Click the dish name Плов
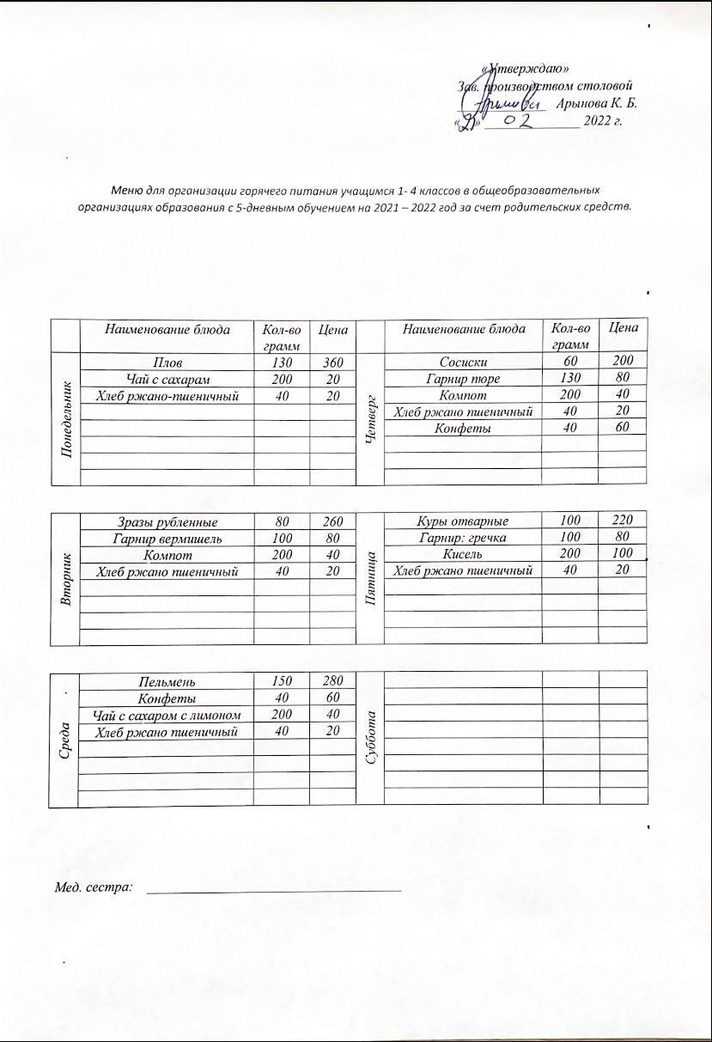coord(167,363)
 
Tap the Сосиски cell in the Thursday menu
coord(463,363)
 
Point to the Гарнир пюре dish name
coord(463,379)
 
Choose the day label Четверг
coord(371,419)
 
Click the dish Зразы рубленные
coord(167,522)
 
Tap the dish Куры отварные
coord(463,521)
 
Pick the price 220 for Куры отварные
coord(622,521)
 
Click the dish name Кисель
coord(463,554)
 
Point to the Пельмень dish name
coord(167,682)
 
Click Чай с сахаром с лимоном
coord(167,715)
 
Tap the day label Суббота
coord(371,738)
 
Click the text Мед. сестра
coord(93,887)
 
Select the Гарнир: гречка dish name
coord(463,538)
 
